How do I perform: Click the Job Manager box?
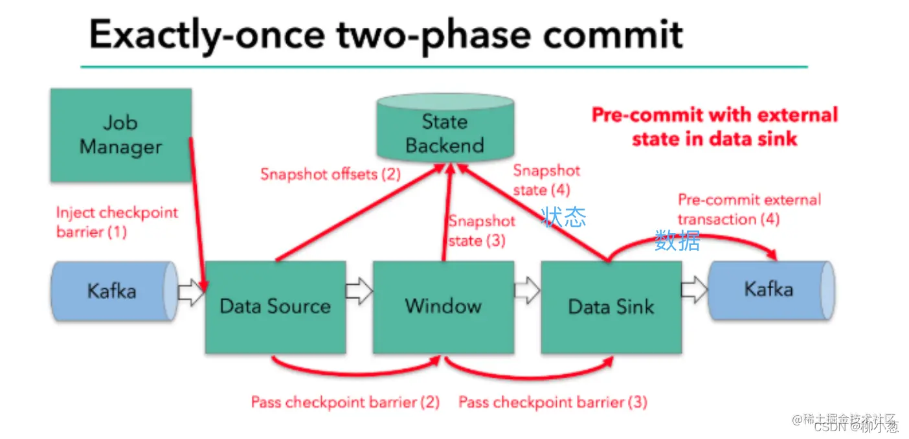120,135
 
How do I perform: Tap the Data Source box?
275,306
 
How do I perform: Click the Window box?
443,306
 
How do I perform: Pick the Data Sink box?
611,306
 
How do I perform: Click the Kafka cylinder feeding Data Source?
113,291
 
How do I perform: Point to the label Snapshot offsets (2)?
330,174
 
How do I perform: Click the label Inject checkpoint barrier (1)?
117,221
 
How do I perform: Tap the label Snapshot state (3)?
482,231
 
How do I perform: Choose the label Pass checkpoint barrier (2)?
345,402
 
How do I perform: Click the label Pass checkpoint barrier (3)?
553,402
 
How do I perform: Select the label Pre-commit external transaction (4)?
748,209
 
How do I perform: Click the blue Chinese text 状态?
564,218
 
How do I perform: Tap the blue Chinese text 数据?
677,241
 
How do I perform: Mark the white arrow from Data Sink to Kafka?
695,291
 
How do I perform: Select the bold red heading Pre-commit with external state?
715,126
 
